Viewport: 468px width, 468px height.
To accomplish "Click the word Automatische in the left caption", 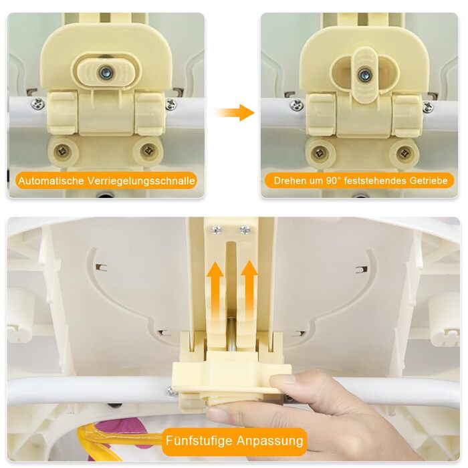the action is pos(51,181).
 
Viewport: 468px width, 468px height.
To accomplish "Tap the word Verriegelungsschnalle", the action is pos(141,181).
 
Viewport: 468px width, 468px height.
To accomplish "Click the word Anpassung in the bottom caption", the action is pos(270,441).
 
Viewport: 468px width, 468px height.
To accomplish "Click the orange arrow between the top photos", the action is pos(234,113).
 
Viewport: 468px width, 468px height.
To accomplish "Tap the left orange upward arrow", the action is pos(216,289).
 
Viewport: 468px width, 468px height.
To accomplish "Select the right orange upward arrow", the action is pos(249,289).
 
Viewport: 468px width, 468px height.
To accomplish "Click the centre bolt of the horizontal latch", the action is pos(106,72).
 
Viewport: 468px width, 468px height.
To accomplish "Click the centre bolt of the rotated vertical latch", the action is pos(364,74).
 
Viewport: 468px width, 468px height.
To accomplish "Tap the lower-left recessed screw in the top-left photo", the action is pos(63,151).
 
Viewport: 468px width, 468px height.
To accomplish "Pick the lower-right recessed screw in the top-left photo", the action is pos(148,150).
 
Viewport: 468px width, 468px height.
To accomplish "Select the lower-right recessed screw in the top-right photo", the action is pos(404,153).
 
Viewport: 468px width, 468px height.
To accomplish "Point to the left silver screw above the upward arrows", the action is pos(216,230).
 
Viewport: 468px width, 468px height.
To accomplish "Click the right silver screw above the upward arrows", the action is pos(245,230).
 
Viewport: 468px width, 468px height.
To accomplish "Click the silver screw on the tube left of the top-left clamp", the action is pos(39,103).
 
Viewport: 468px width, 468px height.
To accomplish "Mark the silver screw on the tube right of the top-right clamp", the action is pos(429,106).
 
